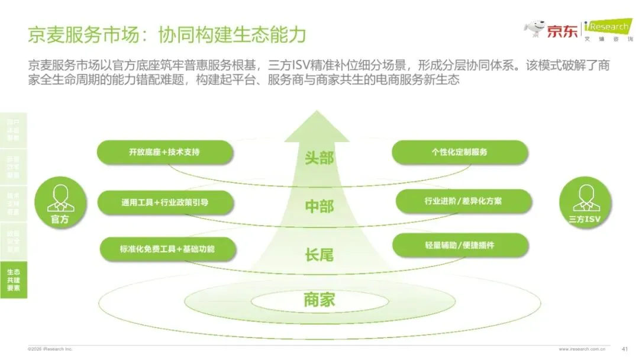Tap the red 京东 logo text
pyautogui.click(x=561, y=31)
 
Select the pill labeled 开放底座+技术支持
pyautogui.click(x=164, y=152)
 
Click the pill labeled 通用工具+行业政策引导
pyautogui.click(x=164, y=202)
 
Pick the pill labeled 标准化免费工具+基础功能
pyautogui.click(x=167, y=249)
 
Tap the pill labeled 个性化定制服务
pyautogui.click(x=460, y=152)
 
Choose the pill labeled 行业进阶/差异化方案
pyautogui.click(x=463, y=201)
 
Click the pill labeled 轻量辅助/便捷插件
pyautogui.click(x=460, y=245)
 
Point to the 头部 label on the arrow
pyautogui.click(x=319, y=158)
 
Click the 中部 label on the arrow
pyautogui.click(x=319, y=206)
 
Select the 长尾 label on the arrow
pyautogui.click(x=319, y=255)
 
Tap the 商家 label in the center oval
pyautogui.click(x=319, y=300)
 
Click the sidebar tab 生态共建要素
pyautogui.click(x=14, y=279)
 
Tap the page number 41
pyautogui.click(x=625, y=349)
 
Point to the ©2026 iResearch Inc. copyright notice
pyautogui.click(x=50, y=349)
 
